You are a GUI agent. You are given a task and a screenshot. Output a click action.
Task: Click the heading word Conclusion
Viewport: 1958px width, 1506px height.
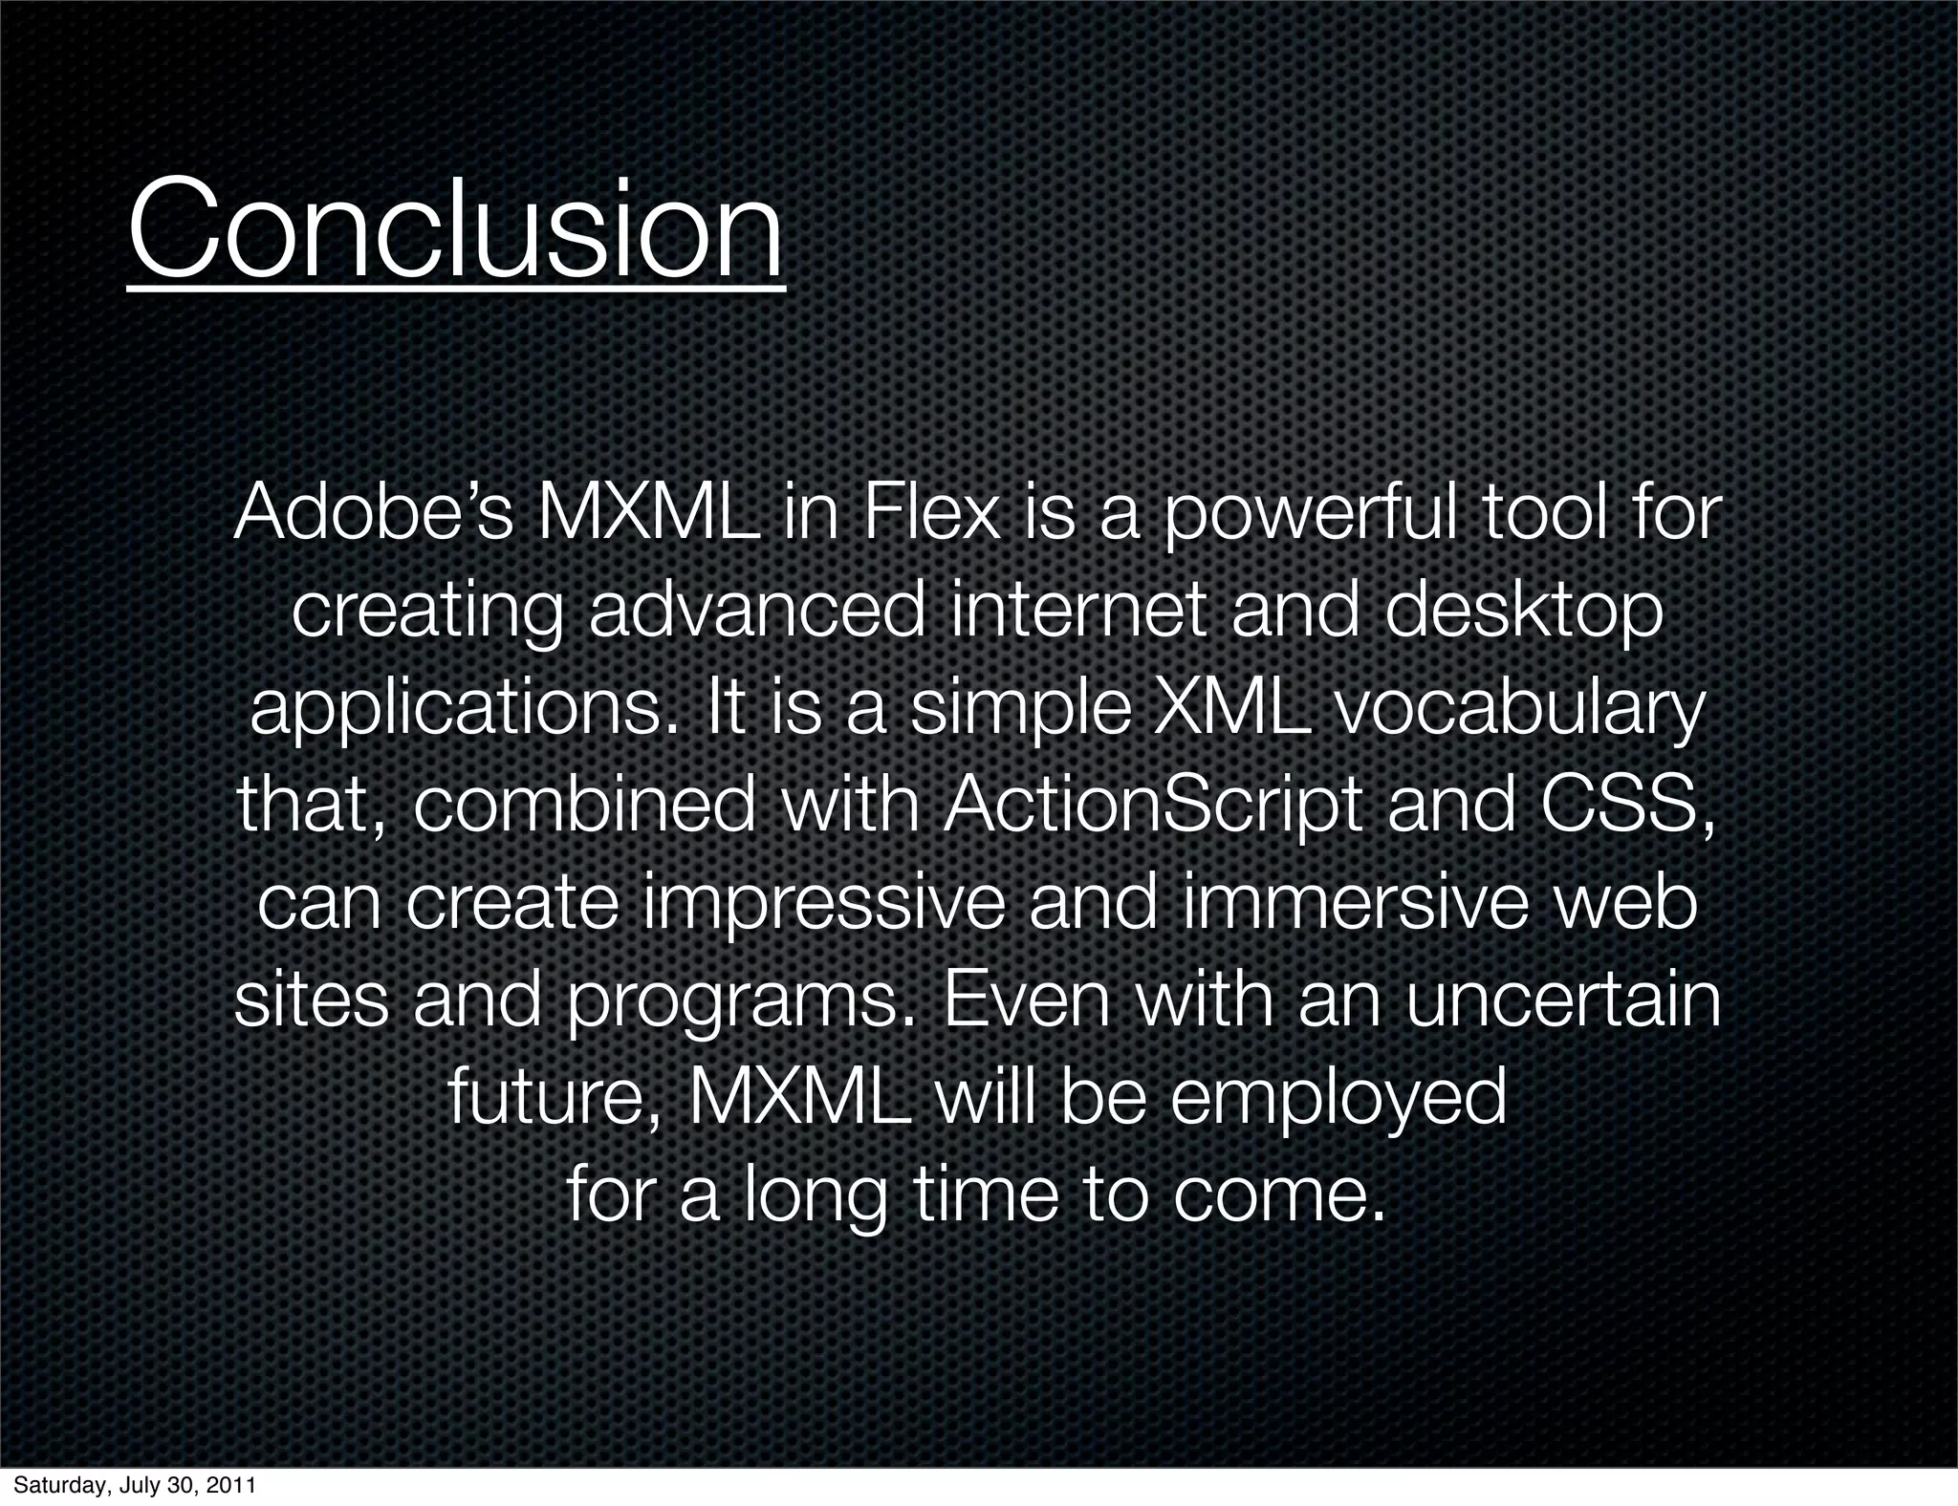pyautogui.click(x=455, y=231)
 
